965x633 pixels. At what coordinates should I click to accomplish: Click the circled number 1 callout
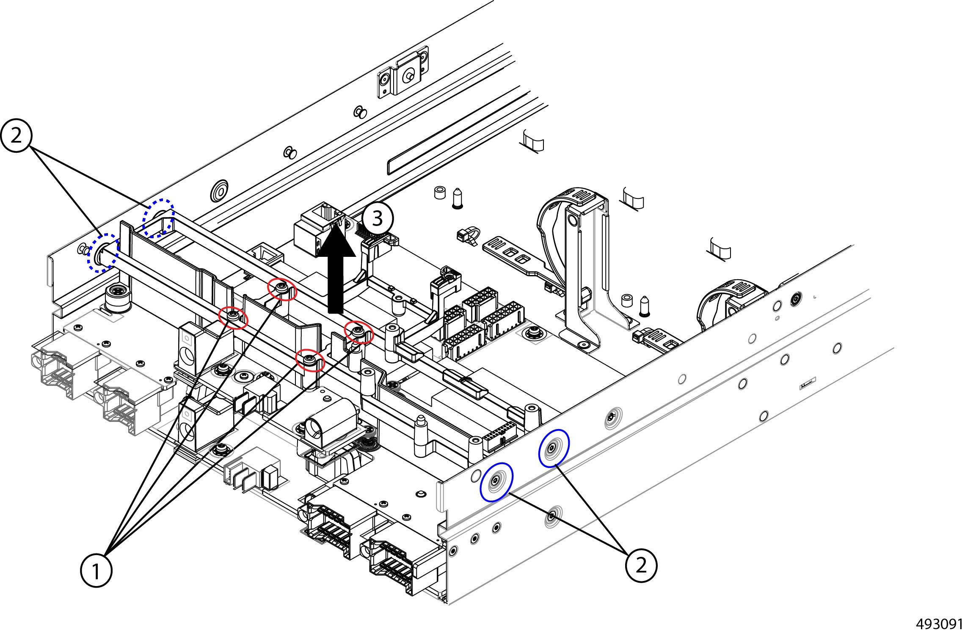pyautogui.click(x=96, y=571)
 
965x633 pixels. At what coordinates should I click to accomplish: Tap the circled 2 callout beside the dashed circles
pyautogui.click(x=17, y=136)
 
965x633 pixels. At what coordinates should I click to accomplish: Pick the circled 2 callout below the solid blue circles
pyautogui.click(x=641, y=565)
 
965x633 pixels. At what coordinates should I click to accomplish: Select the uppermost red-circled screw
pyautogui.click(x=282, y=289)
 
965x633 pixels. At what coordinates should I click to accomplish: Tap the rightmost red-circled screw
pyautogui.click(x=359, y=332)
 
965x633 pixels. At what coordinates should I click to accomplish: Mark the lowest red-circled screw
pyautogui.click(x=309, y=361)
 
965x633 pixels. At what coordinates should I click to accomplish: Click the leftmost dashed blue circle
pyautogui.click(x=103, y=253)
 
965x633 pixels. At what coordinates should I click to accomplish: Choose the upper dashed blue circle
pyautogui.click(x=158, y=217)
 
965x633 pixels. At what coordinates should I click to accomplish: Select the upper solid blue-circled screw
pyautogui.click(x=554, y=448)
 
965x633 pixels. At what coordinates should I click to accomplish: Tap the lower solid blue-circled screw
pyautogui.click(x=496, y=482)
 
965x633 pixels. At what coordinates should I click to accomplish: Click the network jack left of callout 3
pyautogui.click(x=320, y=229)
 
